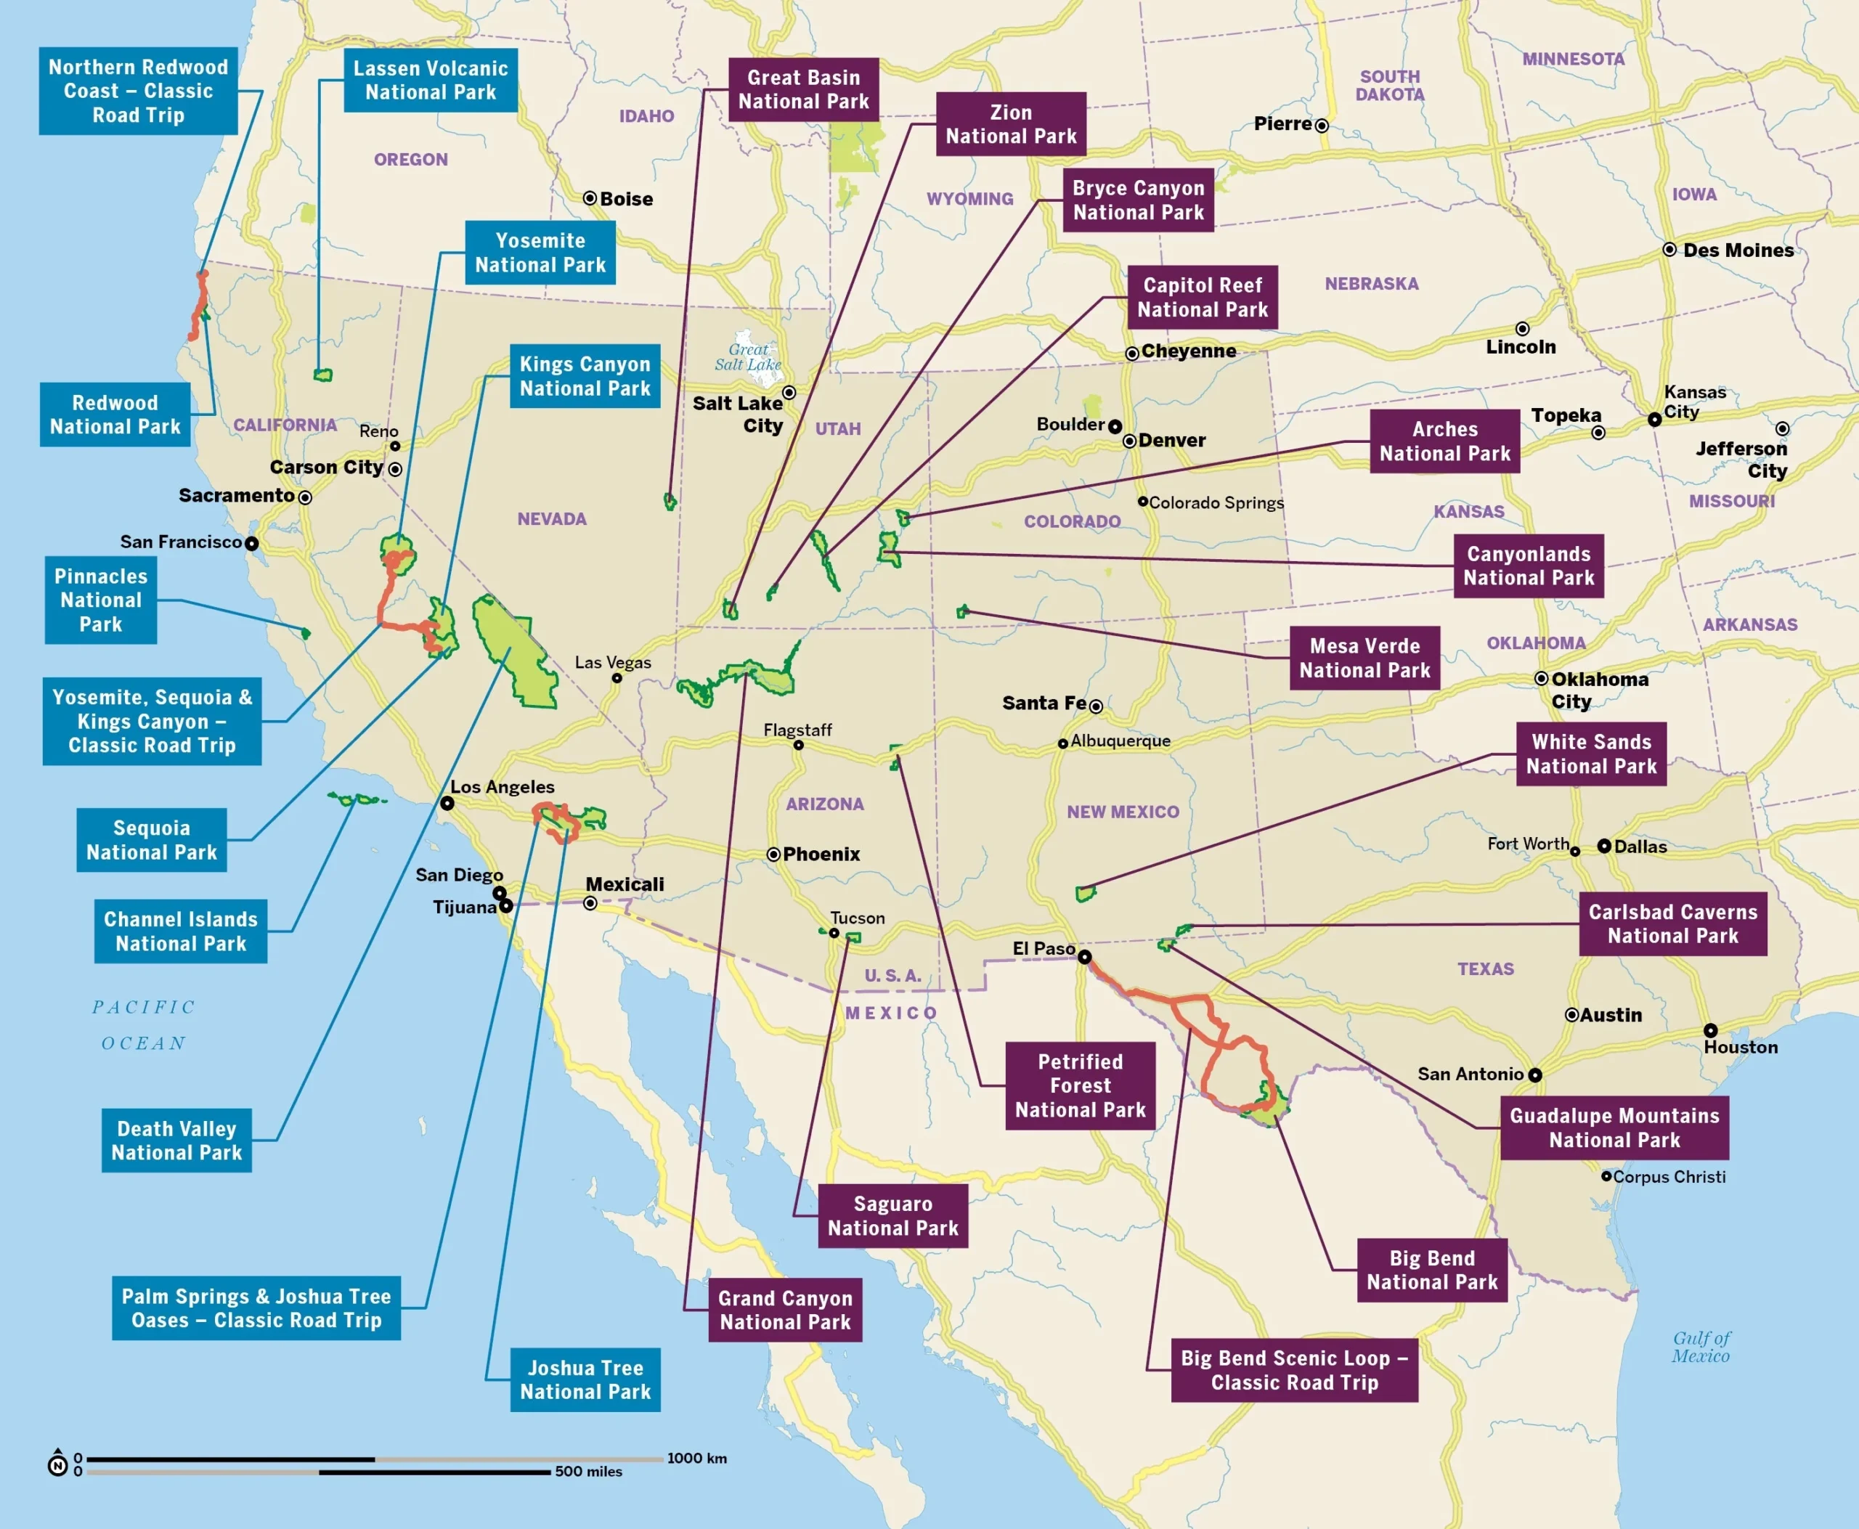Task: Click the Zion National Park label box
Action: click(x=1011, y=124)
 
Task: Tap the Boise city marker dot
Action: click(x=590, y=198)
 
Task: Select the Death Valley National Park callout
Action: click(x=176, y=1141)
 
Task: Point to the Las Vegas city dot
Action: click(x=617, y=678)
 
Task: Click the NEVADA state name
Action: click(x=552, y=519)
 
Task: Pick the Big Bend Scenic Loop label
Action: click(x=1293, y=1371)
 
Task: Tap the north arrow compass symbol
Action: click(x=57, y=1464)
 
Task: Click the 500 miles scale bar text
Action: click(x=587, y=1472)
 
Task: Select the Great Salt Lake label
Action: click(x=748, y=356)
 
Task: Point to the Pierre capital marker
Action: click(x=1322, y=126)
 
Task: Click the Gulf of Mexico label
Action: click(x=1701, y=1347)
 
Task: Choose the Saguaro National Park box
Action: click(x=892, y=1215)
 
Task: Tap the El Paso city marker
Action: click(x=1085, y=956)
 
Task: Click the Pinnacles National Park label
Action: click(x=100, y=600)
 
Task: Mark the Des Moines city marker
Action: click(x=1669, y=250)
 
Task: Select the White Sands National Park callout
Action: click(x=1590, y=754)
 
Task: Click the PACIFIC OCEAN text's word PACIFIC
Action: click(x=144, y=1008)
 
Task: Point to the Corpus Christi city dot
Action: click(x=1606, y=1176)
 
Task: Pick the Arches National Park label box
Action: click(x=1444, y=441)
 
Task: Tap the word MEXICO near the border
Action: click(x=891, y=1013)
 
